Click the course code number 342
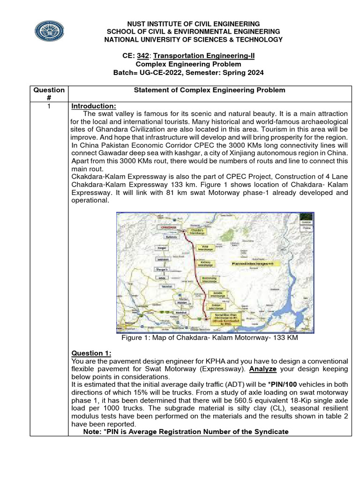coord(142,56)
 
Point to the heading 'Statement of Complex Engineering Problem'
coord(210,90)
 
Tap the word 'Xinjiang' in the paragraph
coord(248,153)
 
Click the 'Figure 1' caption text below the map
coord(209,338)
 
